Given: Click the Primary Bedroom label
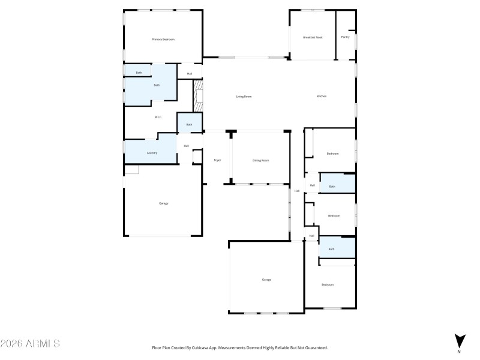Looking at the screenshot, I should pos(163,40).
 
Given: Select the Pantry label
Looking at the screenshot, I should pos(345,37).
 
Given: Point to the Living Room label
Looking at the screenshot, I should pos(243,97).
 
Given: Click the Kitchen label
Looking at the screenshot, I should pos(322,97).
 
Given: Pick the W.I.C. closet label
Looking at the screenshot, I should pos(158,118).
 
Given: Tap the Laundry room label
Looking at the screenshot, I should pos(152,153).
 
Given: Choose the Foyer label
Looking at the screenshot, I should pos(217,160).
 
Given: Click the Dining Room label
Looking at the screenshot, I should pos(260,160).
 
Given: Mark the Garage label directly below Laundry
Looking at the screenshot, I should pos(163,203).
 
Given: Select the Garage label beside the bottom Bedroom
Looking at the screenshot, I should pos(266,280).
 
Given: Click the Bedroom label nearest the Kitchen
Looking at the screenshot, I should pos(332,154).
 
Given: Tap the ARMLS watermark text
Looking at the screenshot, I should pos(30,344).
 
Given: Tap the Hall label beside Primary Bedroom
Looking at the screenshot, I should pos(189,74).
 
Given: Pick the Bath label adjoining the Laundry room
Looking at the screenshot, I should pos(189,125).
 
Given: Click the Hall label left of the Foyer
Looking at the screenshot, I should pos(187,146).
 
